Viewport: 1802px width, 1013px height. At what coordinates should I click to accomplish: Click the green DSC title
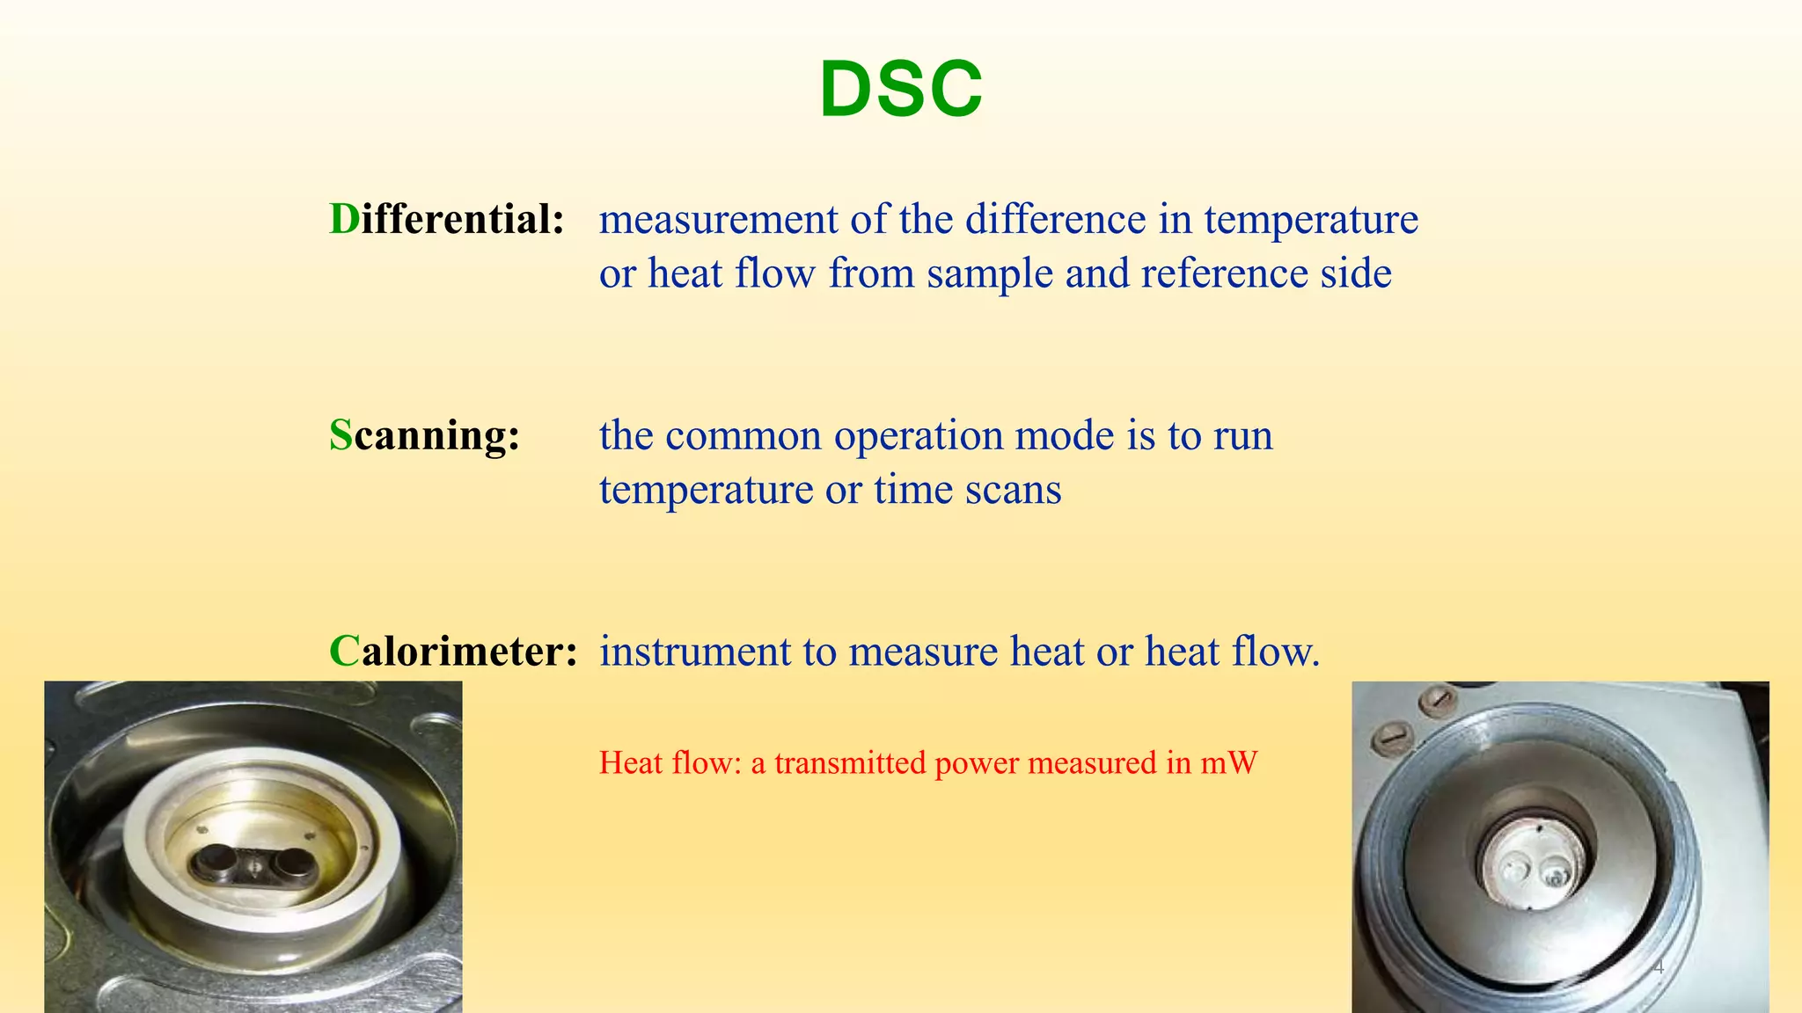(x=900, y=89)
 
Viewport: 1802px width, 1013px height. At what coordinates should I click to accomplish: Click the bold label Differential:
(x=446, y=219)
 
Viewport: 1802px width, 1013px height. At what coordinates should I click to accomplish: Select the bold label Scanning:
(x=424, y=434)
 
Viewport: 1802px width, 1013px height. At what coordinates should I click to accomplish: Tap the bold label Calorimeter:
(x=453, y=651)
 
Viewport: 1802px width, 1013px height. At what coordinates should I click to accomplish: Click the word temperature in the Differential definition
(x=1310, y=219)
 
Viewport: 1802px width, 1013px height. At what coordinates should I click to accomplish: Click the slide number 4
(x=1659, y=967)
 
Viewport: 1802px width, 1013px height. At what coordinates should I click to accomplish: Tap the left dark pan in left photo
(x=214, y=861)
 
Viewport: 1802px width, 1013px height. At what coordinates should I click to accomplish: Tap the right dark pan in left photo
(x=288, y=863)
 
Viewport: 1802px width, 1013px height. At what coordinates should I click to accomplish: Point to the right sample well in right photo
(x=1556, y=875)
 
